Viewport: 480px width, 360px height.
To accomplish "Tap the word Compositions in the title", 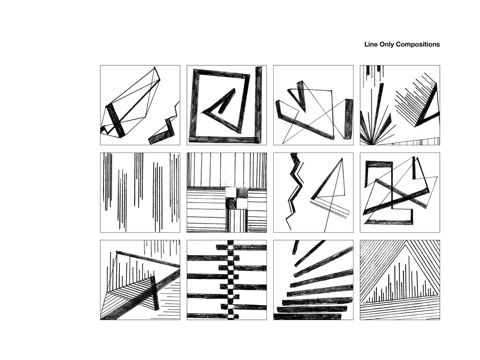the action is (418, 45).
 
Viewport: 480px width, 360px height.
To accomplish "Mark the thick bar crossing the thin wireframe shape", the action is (115, 121).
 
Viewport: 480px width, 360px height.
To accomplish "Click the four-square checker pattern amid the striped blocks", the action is (236, 198).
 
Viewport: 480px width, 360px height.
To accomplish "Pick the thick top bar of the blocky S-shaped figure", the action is (380, 164).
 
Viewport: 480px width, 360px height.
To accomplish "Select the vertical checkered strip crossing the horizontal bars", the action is (231, 279).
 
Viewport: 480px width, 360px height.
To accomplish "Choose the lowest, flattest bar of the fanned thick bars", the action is (307, 316).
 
